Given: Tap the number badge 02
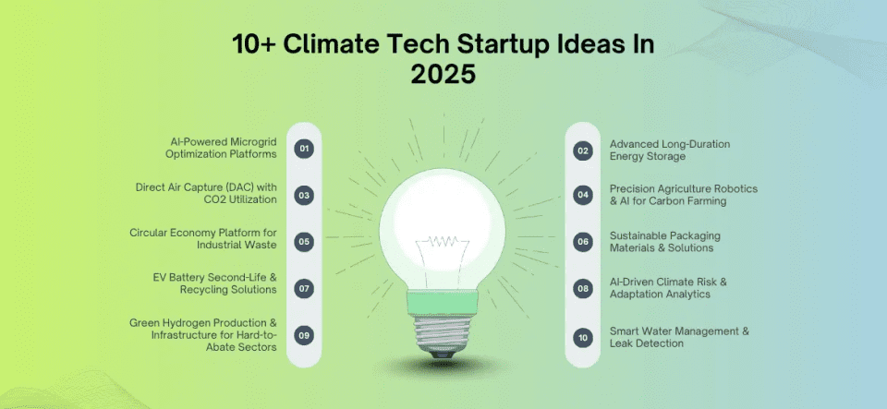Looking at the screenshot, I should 582,150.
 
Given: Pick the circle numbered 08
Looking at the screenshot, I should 582,288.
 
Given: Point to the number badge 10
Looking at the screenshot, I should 582,337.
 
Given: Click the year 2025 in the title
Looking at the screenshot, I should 443,74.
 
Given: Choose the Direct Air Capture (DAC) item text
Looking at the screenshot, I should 213,194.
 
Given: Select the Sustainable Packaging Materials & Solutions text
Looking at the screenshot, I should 664,242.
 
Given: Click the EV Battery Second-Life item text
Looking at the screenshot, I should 214,283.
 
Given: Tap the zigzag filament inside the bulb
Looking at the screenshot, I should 443,241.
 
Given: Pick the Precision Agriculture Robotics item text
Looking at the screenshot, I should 683,194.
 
